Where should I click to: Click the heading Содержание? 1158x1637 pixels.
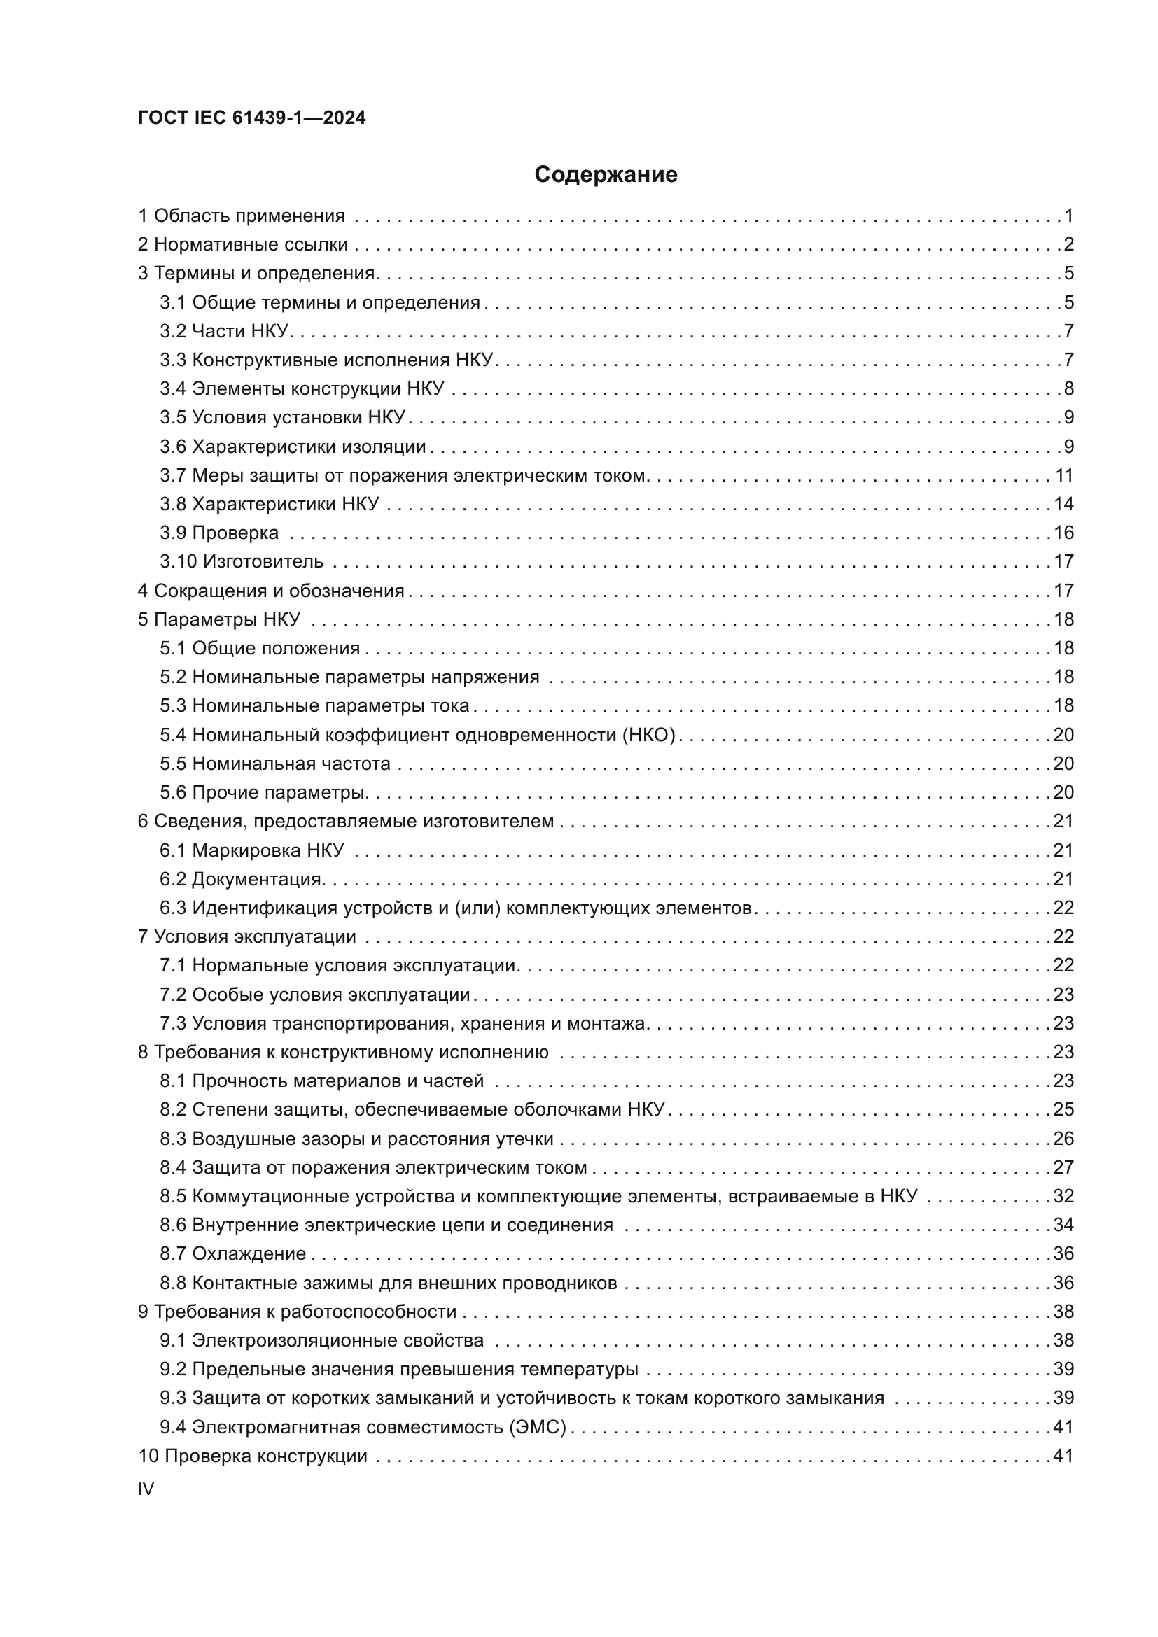[606, 175]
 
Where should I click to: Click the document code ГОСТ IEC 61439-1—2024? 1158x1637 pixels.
[252, 118]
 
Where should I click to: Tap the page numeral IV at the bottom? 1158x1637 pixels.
[146, 1489]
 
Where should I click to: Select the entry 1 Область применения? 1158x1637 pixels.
[241, 216]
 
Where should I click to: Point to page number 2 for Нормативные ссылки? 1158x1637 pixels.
[1068, 244]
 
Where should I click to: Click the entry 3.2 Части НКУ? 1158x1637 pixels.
[225, 331]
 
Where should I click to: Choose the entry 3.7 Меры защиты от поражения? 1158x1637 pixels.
[403, 475]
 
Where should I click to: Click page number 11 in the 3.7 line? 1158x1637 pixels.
[1064, 475]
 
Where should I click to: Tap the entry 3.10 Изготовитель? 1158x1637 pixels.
[242, 561]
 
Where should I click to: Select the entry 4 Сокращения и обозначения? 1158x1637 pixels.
[271, 591]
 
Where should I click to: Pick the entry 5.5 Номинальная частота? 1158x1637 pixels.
[275, 764]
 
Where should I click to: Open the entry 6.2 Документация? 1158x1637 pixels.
[242, 878]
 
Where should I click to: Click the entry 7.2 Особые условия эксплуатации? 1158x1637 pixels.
[314, 994]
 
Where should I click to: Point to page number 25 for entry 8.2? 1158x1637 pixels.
[1063, 1109]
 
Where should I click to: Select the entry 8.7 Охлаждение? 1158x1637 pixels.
[232, 1253]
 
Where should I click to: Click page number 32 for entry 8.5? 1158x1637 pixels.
[1063, 1195]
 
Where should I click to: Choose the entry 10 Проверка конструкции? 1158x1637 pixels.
[253, 1455]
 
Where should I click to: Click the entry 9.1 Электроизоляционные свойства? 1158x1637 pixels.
[321, 1340]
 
